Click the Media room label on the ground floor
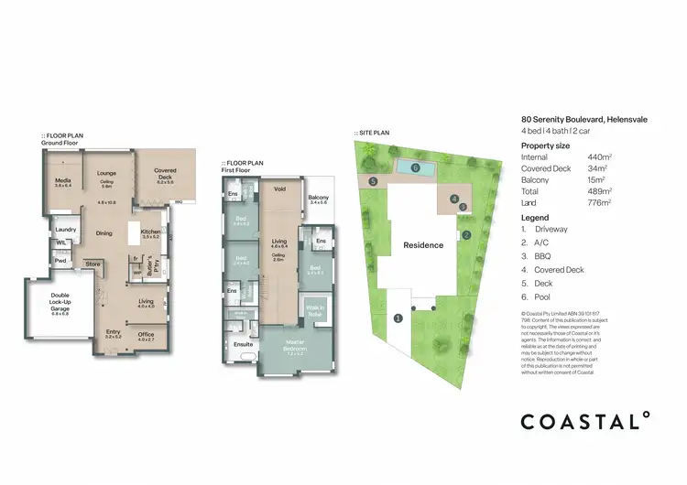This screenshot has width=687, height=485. [x=62, y=181]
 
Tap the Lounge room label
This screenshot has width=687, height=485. [x=105, y=172]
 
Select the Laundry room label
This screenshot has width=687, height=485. [x=65, y=230]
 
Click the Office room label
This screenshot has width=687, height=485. [x=146, y=334]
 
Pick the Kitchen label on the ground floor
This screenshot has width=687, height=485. [x=151, y=232]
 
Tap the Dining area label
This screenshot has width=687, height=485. [x=104, y=233]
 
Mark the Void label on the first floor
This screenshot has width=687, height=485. [x=279, y=189]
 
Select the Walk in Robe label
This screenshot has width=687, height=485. [x=316, y=310]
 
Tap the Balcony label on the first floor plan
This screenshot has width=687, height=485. [x=319, y=197]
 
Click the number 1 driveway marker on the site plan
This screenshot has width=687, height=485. [x=398, y=318]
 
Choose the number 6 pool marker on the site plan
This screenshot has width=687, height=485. [x=416, y=167]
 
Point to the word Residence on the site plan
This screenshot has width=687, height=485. [x=423, y=244]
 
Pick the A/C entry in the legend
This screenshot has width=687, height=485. [x=540, y=243]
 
